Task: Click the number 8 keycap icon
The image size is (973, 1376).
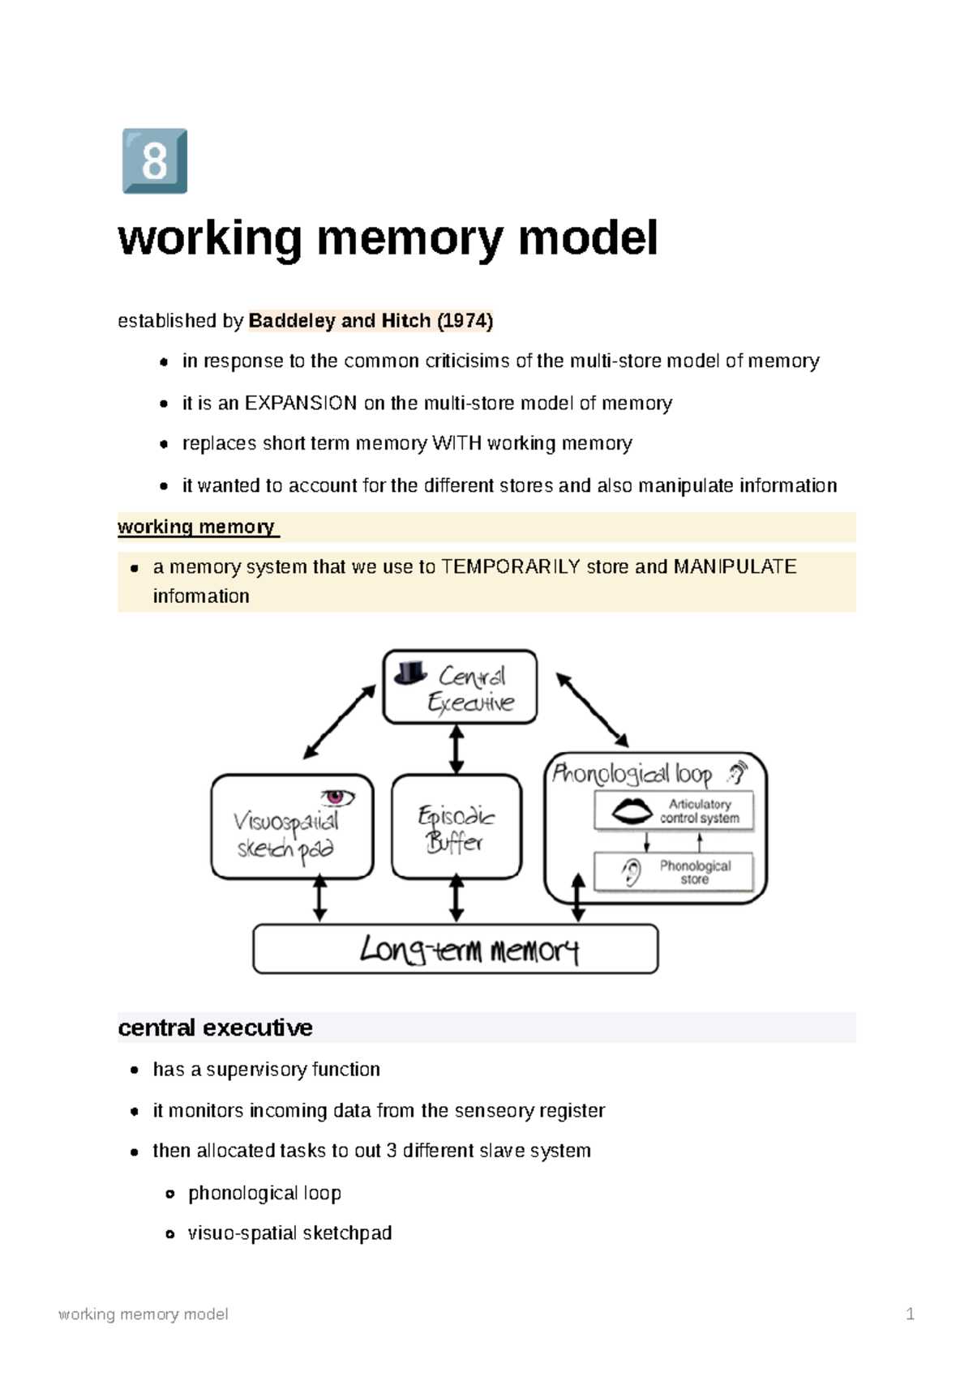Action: point(154,160)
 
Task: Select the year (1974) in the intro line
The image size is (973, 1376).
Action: point(465,321)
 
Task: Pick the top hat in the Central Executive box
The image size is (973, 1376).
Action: point(410,673)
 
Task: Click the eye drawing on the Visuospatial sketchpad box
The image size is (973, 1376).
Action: point(337,797)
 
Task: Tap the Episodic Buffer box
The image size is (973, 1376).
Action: point(456,827)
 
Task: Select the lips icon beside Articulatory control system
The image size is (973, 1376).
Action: point(632,810)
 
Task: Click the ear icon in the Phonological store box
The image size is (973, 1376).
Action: point(631,872)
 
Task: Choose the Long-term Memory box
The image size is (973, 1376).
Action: point(456,949)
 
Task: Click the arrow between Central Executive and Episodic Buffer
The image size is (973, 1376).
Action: point(456,749)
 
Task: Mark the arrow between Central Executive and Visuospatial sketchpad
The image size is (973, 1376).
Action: point(340,721)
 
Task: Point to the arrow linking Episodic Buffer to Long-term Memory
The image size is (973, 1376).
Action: point(456,898)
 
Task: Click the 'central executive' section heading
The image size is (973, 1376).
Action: point(215,1028)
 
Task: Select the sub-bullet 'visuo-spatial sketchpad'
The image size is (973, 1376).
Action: point(289,1233)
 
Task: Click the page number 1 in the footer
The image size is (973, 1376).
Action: point(910,1314)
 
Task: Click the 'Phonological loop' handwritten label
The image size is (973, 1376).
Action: point(632,774)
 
